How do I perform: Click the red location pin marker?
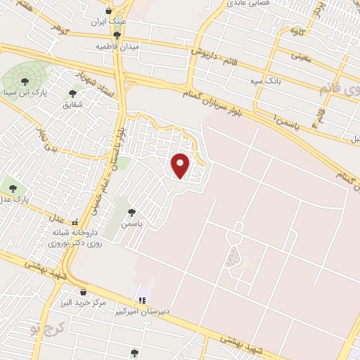click(181, 165)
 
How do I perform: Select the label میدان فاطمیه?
click(117, 46)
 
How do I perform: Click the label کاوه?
click(299, 32)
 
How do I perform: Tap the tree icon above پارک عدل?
click(12, 187)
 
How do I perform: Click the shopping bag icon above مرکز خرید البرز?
click(83, 291)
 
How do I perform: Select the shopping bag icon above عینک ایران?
click(108, 11)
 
